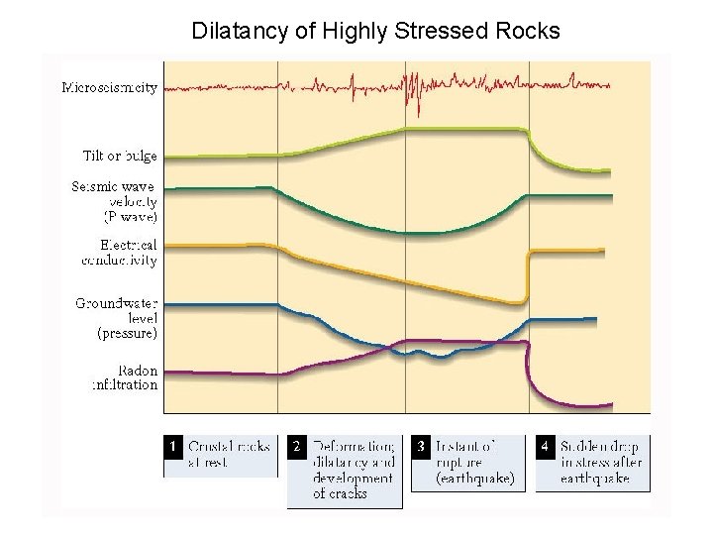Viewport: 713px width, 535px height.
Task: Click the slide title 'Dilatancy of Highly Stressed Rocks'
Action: (375, 32)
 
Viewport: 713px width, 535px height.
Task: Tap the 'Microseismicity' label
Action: (110, 87)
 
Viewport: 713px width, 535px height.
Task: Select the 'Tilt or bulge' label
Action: (120, 156)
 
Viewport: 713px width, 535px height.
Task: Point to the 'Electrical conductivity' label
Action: (119, 252)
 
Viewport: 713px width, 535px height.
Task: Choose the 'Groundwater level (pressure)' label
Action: (117, 318)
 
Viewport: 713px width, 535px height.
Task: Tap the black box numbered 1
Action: (172, 446)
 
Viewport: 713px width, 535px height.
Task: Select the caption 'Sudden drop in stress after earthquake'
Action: (597, 462)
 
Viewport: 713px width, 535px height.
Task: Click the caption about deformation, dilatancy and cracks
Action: (352, 470)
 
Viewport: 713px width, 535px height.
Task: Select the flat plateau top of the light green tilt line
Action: (465, 130)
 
